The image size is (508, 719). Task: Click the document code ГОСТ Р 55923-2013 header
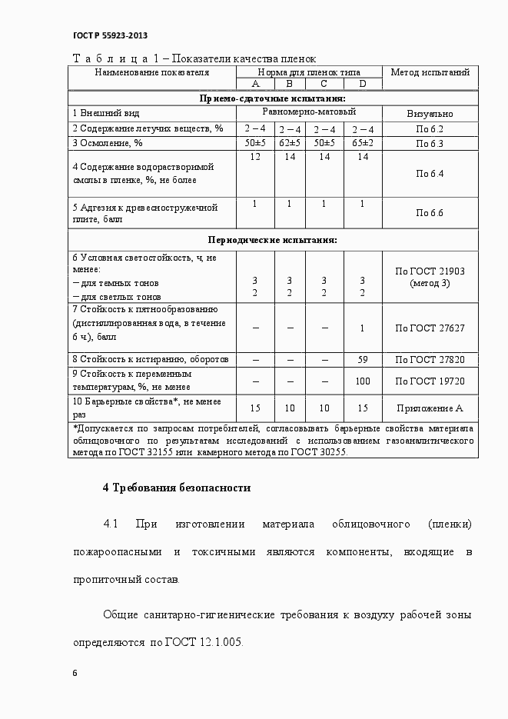tap(110, 35)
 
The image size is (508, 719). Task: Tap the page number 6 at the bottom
tap(75, 673)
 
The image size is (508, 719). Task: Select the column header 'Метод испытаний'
tap(430, 72)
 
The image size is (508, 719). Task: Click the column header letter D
tap(362, 84)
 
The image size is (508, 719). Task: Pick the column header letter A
tap(255, 84)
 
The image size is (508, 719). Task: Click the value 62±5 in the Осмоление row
tap(290, 143)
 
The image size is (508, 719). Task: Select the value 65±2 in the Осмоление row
tap(363, 143)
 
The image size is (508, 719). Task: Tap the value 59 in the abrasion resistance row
tap(363, 359)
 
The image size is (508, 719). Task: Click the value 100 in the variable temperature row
tap(363, 381)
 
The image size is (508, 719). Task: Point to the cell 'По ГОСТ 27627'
tap(430, 328)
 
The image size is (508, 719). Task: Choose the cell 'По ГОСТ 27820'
tap(430, 359)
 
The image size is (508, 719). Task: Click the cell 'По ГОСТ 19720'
tap(430, 381)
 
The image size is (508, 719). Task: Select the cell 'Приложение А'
tap(430, 408)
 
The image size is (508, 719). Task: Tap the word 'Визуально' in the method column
tap(430, 113)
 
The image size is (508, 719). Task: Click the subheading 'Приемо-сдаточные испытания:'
tap(272, 98)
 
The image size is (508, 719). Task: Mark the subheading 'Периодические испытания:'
tap(272, 240)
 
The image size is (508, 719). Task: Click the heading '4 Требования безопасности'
tap(177, 488)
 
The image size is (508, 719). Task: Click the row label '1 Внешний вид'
tap(106, 113)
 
